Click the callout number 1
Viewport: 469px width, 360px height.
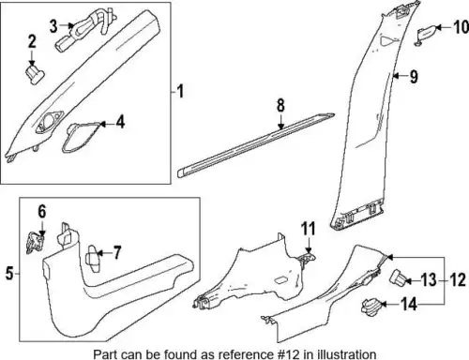[180, 92]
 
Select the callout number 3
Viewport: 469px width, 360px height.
[53, 26]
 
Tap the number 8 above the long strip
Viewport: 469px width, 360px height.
[280, 105]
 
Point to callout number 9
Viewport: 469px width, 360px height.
[414, 77]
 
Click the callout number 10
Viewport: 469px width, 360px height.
[461, 27]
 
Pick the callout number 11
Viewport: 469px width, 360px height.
[309, 229]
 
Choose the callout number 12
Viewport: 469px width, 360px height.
[458, 280]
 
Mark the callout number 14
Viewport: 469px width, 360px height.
[409, 304]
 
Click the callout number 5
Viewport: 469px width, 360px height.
[9, 274]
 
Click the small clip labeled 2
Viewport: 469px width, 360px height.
[35, 74]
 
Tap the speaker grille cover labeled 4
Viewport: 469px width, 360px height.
[82, 138]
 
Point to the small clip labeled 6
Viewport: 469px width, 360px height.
[35, 243]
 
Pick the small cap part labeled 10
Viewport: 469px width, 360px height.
[426, 35]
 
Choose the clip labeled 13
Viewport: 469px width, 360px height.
[398, 277]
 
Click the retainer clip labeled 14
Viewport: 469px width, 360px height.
[371, 307]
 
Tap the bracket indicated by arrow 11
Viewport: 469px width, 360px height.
[307, 259]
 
